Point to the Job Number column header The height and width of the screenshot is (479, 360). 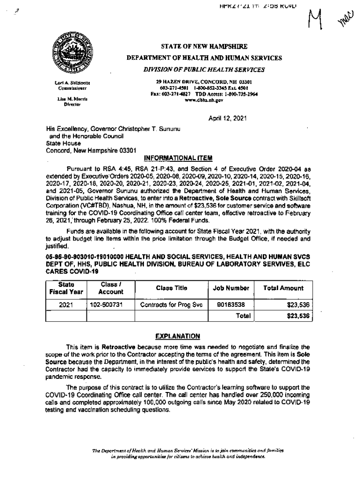pos(231,288)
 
